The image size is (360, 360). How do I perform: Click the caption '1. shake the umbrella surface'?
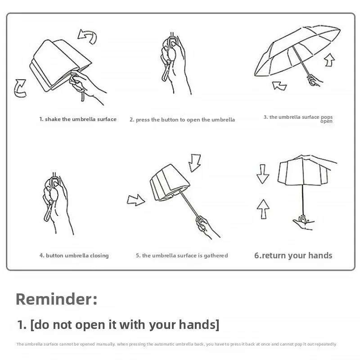click(x=78, y=119)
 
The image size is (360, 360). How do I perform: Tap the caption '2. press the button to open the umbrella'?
click(x=182, y=120)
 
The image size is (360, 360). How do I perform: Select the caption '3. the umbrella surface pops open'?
click(x=298, y=119)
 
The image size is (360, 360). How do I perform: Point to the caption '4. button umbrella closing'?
click(x=74, y=256)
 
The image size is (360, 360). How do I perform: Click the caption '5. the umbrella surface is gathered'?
click(x=182, y=256)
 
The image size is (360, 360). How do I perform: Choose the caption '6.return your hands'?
click(x=293, y=255)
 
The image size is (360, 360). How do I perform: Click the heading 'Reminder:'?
click(x=57, y=299)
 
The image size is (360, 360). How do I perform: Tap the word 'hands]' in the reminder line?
click(x=199, y=324)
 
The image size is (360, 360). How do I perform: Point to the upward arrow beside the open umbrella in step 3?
click(x=330, y=60)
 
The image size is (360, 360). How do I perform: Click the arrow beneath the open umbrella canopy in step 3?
click(x=279, y=86)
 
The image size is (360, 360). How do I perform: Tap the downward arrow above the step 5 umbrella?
click(x=195, y=163)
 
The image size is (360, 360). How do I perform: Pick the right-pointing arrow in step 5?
click(x=136, y=200)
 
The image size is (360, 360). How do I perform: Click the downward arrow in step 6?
click(x=263, y=174)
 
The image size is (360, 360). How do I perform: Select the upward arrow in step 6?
click(x=263, y=209)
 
